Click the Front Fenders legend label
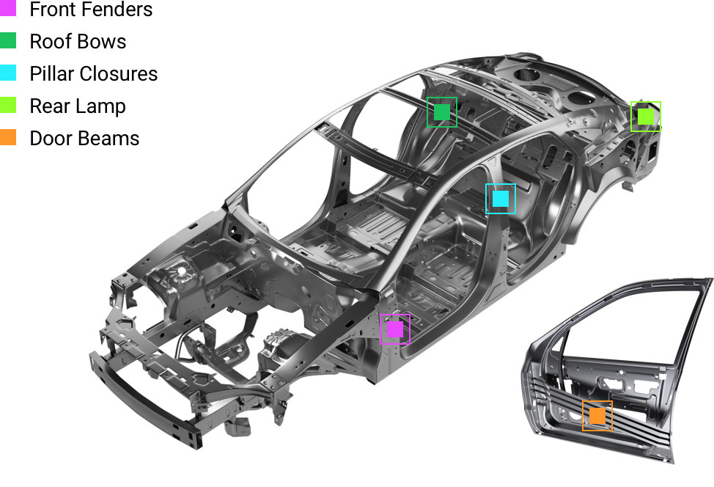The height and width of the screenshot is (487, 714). (x=91, y=9)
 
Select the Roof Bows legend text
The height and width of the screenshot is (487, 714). (x=78, y=42)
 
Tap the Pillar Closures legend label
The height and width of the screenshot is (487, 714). (x=94, y=74)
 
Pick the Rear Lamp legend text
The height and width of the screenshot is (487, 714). (x=78, y=106)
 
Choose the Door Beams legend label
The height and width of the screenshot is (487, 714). (x=85, y=139)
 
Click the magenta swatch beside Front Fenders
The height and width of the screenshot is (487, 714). (x=8, y=8)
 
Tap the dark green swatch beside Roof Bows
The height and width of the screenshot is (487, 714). (x=8, y=40)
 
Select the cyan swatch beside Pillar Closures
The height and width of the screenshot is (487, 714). (x=8, y=73)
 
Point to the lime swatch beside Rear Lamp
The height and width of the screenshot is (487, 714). (x=8, y=105)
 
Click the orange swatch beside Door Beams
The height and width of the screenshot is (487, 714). (x=8, y=138)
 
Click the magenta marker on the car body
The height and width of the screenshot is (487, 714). (x=395, y=329)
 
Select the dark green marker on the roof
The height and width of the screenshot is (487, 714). (x=442, y=112)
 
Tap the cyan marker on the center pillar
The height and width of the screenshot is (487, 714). (x=501, y=199)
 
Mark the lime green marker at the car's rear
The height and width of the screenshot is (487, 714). (x=646, y=117)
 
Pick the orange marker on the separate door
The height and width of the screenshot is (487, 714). (x=597, y=416)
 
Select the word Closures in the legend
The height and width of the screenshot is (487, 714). (x=119, y=74)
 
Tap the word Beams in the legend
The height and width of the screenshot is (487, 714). (x=112, y=139)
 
